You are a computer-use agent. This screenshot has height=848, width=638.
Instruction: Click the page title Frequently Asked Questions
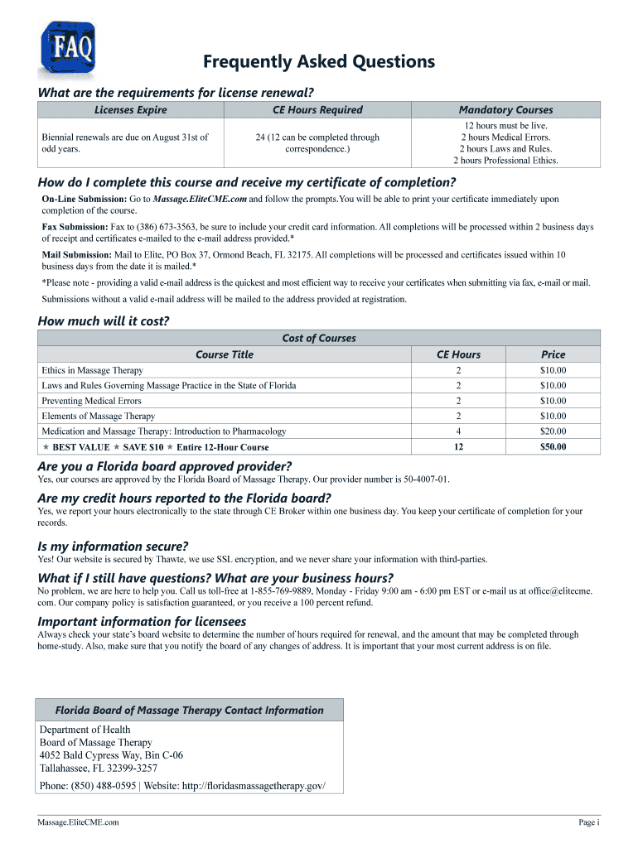pos(319,61)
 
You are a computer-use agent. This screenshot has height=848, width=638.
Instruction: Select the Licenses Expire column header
pos(130,110)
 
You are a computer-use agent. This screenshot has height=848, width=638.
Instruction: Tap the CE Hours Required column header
pos(317,110)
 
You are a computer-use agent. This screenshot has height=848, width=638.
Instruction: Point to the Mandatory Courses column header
pos(505,110)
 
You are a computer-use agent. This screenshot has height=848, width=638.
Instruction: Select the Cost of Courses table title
pos(319,338)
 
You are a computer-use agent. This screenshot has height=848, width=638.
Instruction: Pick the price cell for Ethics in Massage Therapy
pos(553,371)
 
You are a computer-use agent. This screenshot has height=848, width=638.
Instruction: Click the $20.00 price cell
pos(553,431)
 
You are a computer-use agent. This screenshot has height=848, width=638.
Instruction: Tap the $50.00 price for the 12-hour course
pos(553,447)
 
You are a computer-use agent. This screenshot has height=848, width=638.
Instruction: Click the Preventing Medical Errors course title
pos(92,401)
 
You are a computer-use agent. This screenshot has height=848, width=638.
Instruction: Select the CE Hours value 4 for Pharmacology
pos(458,431)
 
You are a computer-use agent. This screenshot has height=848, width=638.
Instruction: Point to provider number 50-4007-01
pos(418,479)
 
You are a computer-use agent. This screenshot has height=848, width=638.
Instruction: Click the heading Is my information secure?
pos(113,546)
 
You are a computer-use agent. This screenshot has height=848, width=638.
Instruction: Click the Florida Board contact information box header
pos(189,710)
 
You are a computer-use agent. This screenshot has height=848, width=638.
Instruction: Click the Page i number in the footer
pos(587,822)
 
